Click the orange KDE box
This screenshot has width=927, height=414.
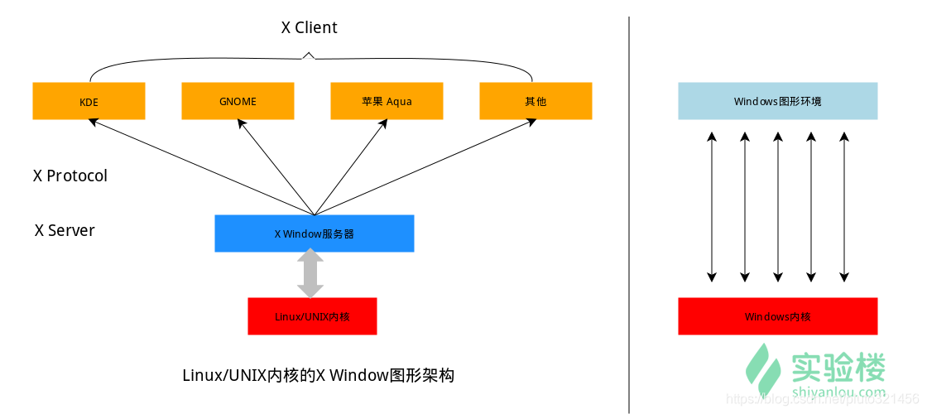[x=89, y=101]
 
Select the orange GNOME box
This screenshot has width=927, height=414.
[x=238, y=101]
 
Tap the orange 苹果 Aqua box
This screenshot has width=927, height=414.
[x=387, y=101]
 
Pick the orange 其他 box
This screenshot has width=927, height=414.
[x=536, y=101]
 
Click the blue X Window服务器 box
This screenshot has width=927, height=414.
[x=314, y=233]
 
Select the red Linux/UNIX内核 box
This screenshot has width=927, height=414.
[x=312, y=316]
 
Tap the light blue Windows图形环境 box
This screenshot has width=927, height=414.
[x=777, y=101]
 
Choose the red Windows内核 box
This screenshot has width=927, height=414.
[x=777, y=316]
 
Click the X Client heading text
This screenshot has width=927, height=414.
[x=309, y=27]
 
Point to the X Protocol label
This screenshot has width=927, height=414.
[x=70, y=176]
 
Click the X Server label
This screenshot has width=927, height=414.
[x=65, y=230]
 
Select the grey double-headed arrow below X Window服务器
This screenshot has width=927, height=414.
[x=310, y=274]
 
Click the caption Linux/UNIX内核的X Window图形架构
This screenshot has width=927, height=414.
[x=318, y=375]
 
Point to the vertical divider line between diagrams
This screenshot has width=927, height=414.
[x=629, y=207]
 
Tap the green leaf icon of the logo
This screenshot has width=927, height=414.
[x=762, y=370]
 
